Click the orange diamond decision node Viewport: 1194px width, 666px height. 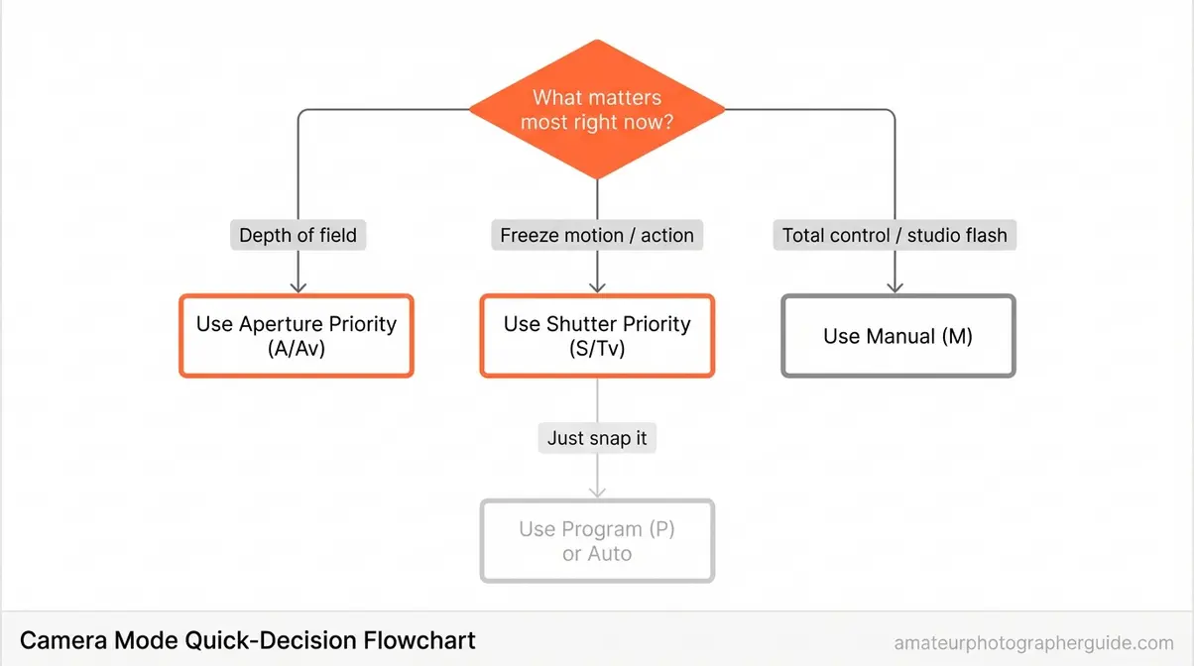coord(597,109)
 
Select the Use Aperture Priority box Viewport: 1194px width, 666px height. coord(297,336)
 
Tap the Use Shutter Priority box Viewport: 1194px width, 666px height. coord(597,336)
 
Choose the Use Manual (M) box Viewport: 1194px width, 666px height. coord(897,336)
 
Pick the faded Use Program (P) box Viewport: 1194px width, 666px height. coord(597,541)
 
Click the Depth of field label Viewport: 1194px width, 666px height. coord(298,236)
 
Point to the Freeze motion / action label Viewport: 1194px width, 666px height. coord(597,236)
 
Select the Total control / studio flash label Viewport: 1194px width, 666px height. coord(895,236)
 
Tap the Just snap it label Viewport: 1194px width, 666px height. coord(597,438)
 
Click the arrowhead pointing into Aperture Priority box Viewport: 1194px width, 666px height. coord(298,286)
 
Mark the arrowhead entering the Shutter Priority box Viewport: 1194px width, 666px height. coord(597,286)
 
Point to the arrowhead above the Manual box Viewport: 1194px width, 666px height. coord(895,286)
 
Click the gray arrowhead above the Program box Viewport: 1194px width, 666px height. coord(597,492)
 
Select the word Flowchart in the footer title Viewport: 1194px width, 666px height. coord(418,640)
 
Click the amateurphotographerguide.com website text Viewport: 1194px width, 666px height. coord(1033,642)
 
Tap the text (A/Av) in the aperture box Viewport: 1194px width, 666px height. coord(297,349)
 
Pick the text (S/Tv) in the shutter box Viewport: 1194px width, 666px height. coord(597,349)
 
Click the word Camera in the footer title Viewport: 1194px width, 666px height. coord(61,640)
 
